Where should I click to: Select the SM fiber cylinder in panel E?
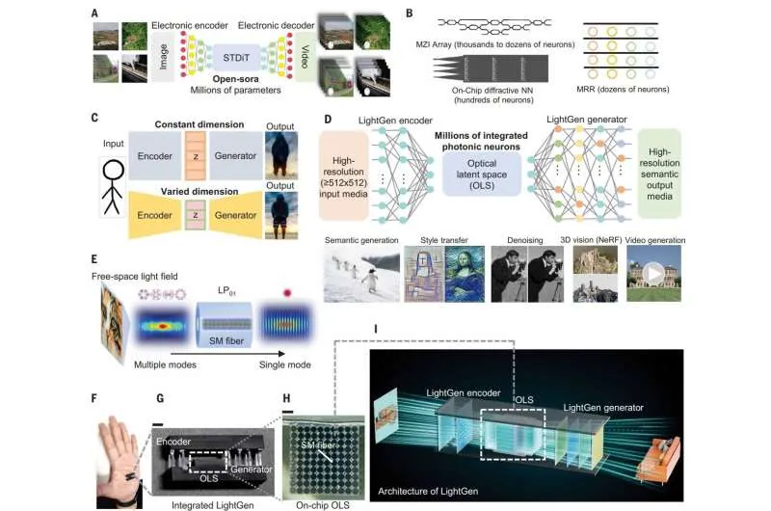[x=225, y=320]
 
